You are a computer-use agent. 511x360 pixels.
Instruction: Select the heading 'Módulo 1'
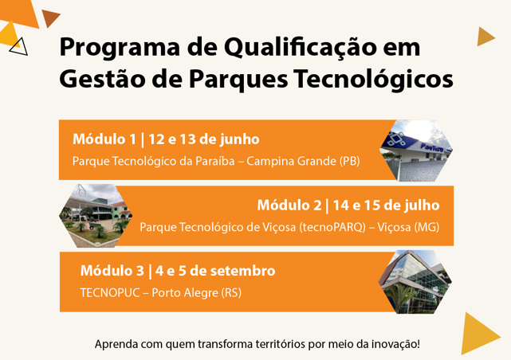[x=104, y=139]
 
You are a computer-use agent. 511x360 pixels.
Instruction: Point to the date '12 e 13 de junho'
[x=204, y=139]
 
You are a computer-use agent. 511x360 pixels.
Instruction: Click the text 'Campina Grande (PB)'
[x=303, y=161]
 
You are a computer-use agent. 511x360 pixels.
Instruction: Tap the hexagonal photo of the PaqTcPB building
[x=416, y=150]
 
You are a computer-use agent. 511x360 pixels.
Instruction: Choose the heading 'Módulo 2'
[x=289, y=205]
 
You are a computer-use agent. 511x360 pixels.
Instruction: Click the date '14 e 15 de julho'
[x=386, y=205]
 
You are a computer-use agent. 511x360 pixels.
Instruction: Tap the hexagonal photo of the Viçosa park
[x=96, y=216]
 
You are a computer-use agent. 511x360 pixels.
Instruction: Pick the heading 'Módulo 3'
[x=112, y=271]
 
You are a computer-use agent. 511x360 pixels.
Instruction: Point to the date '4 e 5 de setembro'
[x=215, y=271]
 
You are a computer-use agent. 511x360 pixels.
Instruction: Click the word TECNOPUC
[x=110, y=292]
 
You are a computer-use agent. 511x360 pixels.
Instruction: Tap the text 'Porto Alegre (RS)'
[x=197, y=292]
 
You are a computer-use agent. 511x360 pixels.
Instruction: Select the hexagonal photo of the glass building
[x=415, y=282]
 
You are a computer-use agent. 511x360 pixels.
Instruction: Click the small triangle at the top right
[x=486, y=37]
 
